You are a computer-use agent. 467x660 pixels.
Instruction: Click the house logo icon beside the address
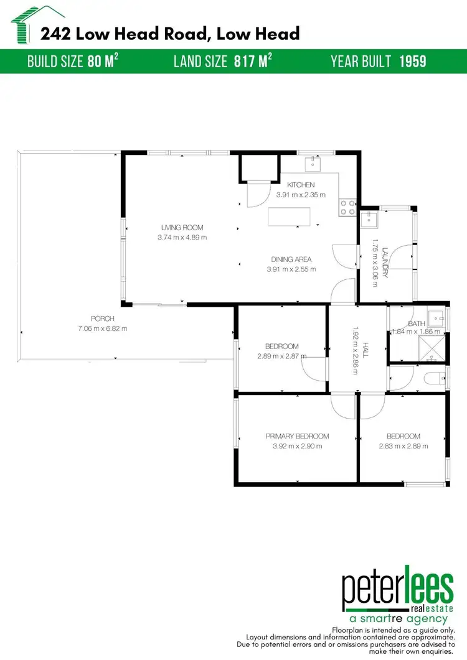[24, 24]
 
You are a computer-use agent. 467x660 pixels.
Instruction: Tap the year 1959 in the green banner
[413, 62]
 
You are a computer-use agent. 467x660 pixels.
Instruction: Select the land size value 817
[247, 62]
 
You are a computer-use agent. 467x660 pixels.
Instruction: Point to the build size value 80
[95, 62]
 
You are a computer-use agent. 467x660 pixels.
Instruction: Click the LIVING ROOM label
[182, 228]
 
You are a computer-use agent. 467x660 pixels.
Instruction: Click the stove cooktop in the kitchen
[347, 207]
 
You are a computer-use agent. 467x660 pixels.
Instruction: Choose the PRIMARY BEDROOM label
[297, 436]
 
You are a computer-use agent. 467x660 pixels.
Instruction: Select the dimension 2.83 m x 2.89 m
[403, 446]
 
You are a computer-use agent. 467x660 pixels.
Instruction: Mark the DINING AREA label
[291, 259]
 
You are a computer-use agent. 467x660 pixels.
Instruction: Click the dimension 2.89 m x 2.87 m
[281, 356]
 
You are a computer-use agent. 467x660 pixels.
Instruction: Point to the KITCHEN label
[301, 185]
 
